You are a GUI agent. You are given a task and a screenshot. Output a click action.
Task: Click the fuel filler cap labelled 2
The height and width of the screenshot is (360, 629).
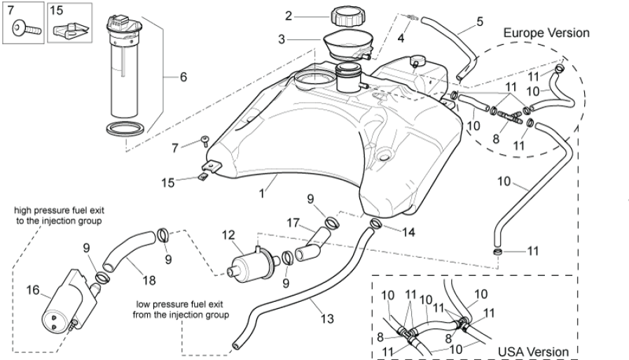(x=345, y=16)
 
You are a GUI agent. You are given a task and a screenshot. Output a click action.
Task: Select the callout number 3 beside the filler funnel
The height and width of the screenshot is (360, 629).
(x=282, y=40)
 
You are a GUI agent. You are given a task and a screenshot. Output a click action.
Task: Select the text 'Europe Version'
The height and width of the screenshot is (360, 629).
(x=546, y=33)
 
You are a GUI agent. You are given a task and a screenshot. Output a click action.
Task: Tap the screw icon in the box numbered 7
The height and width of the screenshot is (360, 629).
(x=26, y=29)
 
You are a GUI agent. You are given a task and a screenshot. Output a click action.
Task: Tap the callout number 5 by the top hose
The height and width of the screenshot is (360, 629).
(x=480, y=22)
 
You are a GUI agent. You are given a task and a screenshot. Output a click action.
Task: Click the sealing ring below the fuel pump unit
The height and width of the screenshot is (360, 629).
(x=127, y=129)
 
